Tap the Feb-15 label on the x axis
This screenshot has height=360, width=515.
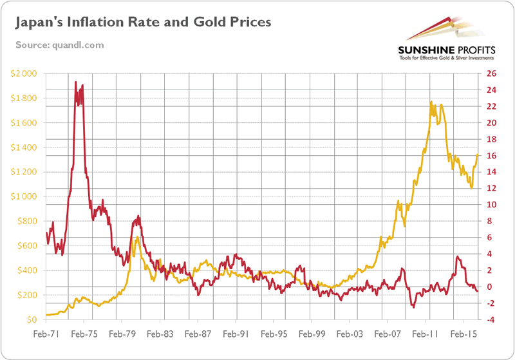[463, 335]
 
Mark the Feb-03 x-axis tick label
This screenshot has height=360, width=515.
[350, 335]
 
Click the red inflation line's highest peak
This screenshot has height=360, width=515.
[76, 82]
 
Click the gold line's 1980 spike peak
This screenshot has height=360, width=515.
[137, 237]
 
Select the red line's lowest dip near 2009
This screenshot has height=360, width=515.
[413, 307]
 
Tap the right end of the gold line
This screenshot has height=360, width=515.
[478, 155]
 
